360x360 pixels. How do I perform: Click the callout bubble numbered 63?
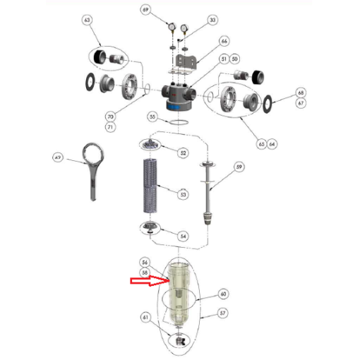pyautogui.click(x=87, y=20)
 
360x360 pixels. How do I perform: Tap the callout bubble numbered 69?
pyautogui.click(x=145, y=10)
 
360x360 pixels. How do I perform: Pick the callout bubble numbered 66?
pyautogui.click(x=224, y=41)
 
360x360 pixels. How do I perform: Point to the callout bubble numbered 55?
pyautogui.click(x=152, y=116)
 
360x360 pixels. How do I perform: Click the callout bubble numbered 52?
pyautogui.click(x=183, y=152)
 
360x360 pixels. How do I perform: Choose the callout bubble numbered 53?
pyautogui.click(x=184, y=193)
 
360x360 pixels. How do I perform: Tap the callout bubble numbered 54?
pyautogui.click(x=183, y=236)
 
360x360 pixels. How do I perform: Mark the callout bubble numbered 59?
pyautogui.click(x=239, y=167)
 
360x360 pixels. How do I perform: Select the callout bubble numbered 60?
pyautogui.click(x=224, y=293)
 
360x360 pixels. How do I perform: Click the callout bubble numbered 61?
pyautogui.click(x=146, y=318)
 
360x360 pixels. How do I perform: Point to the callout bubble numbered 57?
pyautogui.click(x=223, y=313)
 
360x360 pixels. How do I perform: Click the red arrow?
pyautogui.click(x=148, y=282)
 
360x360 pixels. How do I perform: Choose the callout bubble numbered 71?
pyautogui.click(x=110, y=127)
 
